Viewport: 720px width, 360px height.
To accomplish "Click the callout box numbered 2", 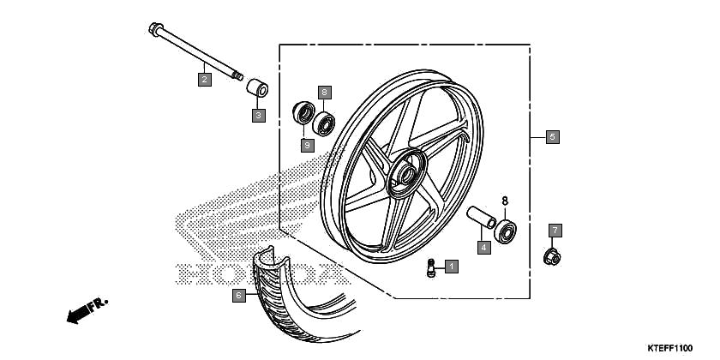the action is pyautogui.click(x=205, y=80).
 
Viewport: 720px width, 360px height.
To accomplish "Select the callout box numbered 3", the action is pyautogui.click(x=259, y=115).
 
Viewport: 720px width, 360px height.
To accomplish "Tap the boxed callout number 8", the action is pyautogui.click(x=324, y=93).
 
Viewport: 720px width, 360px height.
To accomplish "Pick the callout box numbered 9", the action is pyautogui.click(x=307, y=146).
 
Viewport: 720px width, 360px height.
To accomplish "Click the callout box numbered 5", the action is pyautogui.click(x=552, y=136).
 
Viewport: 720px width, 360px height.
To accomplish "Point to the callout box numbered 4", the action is pyautogui.click(x=483, y=248).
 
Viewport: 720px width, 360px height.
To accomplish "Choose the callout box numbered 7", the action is pyautogui.click(x=555, y=230).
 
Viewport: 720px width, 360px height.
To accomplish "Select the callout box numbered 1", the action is pyautogui.click(x=452, y=267).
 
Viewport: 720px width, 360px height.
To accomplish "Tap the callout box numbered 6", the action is pyautogui.click(x=238, y=295).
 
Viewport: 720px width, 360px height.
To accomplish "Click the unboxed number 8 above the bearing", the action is pyautogui.click(x=505, y=201).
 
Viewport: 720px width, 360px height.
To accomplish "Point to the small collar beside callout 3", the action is pyautogui.click(x=258, y=87).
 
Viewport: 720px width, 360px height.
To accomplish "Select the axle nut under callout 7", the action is pyautogui.click(x=552, y=256).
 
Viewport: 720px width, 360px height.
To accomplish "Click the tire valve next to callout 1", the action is pyautogui.click(x=430, y=267).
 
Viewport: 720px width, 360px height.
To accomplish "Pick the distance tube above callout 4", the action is pyautogui.click(x=481, y=217).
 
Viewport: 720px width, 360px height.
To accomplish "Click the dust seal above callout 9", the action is pyautogui.click(x=303, y=113).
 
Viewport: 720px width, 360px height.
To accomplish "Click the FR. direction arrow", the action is pyautogui.click(x=87, y=310).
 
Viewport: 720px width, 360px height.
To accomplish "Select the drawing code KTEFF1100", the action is pyautogui.click(x=670, y=348).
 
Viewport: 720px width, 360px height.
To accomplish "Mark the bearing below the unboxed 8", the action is pyautogui.click(x=505, y=231).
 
